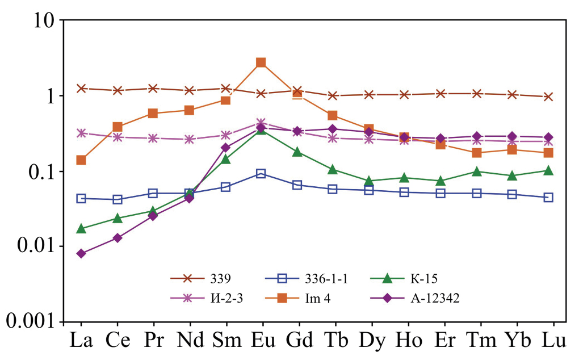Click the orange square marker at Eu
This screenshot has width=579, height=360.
pyautogui.click(x=261, y=62)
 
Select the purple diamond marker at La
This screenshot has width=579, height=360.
pyautogui.click(x=81, y=253)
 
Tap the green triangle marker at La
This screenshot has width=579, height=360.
pyautogui.click(x=81, y=228)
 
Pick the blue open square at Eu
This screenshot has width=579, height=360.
pyautogui.click(x=261, y=173)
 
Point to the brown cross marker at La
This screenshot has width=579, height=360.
pyautogui.click(x=81, y=88)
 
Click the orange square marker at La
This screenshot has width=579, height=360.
pyautogui.click(x=81, y=160)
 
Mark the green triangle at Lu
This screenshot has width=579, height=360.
pyautogui.click(x=548, y=170)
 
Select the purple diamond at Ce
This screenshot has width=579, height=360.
pyautogui.click(x=117, y=238)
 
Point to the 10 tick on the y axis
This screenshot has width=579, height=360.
pyautogui.click(x=44, y=20)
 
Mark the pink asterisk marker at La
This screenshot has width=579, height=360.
pyautogui.click(x=81, y=133)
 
